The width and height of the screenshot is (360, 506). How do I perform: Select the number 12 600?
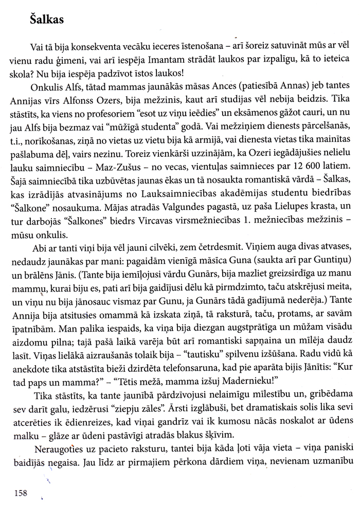tap(300, 153)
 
